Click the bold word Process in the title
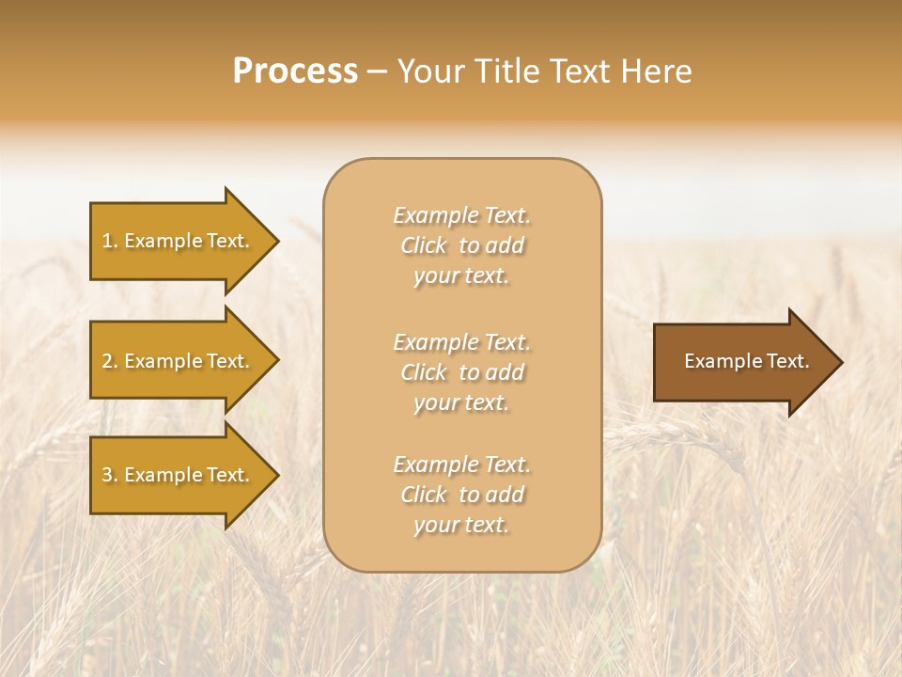click(295, 71)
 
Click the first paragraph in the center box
click(461, 245)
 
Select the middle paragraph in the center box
click(461, 372)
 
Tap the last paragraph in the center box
click(461, 495)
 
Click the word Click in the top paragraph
click(424, 245)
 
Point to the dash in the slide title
click(378, 72)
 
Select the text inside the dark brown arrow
click(746, 361)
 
